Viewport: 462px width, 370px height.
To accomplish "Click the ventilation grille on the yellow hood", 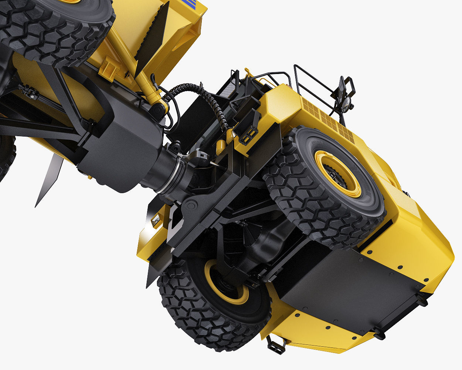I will click(x=329, y=118).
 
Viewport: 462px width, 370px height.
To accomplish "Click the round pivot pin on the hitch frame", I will click(x=191, y=206).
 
